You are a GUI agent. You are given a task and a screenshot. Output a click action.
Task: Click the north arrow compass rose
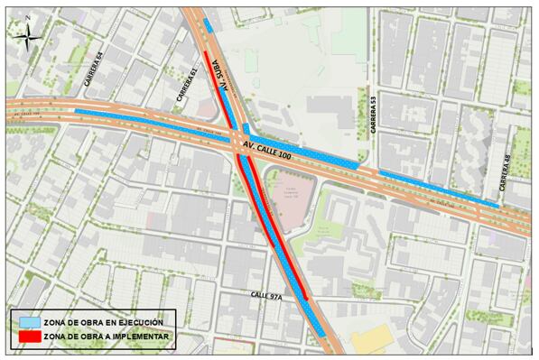pos(31,35)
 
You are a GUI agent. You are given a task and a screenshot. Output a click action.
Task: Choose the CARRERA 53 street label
pos(370,112)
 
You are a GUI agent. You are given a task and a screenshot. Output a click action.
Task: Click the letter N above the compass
pos(29,18)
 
